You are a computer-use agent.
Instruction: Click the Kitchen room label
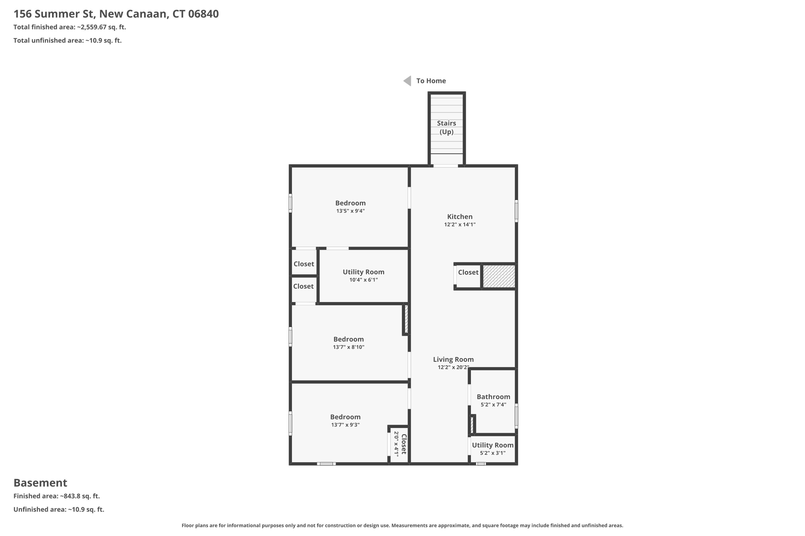(x=459, y=217)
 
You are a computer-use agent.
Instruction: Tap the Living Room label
(x=453, y=359)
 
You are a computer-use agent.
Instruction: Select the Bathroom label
(x=493, y=397)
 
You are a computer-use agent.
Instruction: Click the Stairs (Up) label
(x=447, y=128)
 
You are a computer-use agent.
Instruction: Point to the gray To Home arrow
(x=407, y=81)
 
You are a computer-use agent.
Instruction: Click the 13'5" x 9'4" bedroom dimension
(x=350, y=211)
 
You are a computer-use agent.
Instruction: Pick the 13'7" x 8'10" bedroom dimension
(x=349, y=347)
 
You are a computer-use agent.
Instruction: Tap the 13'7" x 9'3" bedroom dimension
(x=345, y=425)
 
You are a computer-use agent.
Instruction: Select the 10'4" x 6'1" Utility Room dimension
(x=363, y=280)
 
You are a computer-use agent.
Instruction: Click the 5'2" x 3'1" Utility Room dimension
(x=493, y=453)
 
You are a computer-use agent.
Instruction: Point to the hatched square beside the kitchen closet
(x=499, y=276)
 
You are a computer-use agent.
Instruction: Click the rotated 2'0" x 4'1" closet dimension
(x=396, y=444)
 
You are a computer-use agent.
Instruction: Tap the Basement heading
(x=40, y=483)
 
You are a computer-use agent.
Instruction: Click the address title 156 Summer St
(x=116, y=14)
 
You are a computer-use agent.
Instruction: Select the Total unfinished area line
(x=68, y=40)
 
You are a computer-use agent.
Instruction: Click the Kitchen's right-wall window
(x=516, y=211)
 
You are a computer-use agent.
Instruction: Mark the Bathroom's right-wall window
(x=516, y=415)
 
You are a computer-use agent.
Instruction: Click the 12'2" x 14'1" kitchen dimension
(x=459, y=225)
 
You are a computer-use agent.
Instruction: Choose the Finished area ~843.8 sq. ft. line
(x=57, y=496)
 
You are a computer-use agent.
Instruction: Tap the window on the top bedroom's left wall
(x=290, y=203)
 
